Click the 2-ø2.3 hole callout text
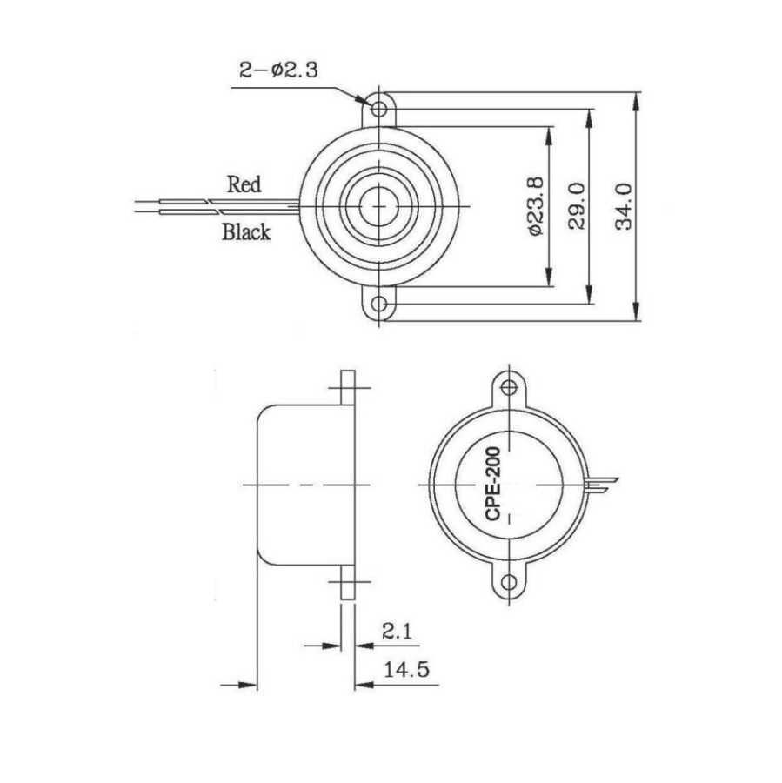coord(278,70)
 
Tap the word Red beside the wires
coord(244,184)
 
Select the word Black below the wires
coord(246,232)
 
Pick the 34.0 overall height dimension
coord(624,206)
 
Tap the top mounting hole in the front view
coord(380,109)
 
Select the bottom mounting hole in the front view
coord(380,304)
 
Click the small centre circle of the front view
coord(380,206)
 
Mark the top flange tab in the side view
coord(348,388)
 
